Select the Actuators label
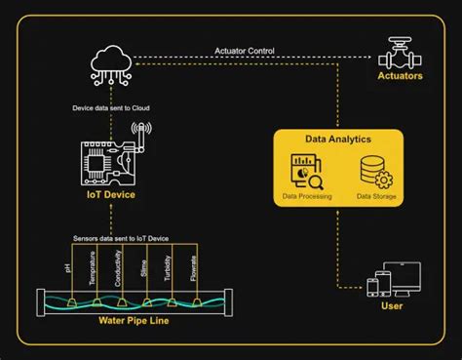(401, 75)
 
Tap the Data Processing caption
(306, 195)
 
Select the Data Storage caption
(374, 195)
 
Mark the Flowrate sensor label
(194, 267)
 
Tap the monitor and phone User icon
(394, 280)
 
